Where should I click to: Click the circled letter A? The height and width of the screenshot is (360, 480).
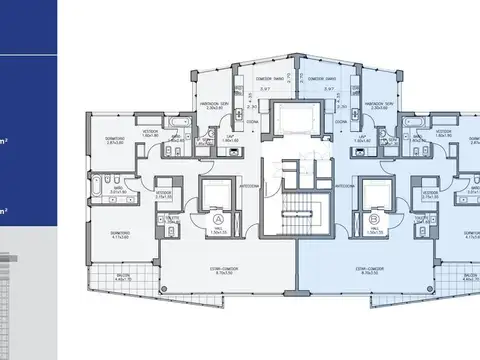coord(218,219)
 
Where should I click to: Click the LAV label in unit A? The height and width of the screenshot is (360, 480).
coord(228,136)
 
